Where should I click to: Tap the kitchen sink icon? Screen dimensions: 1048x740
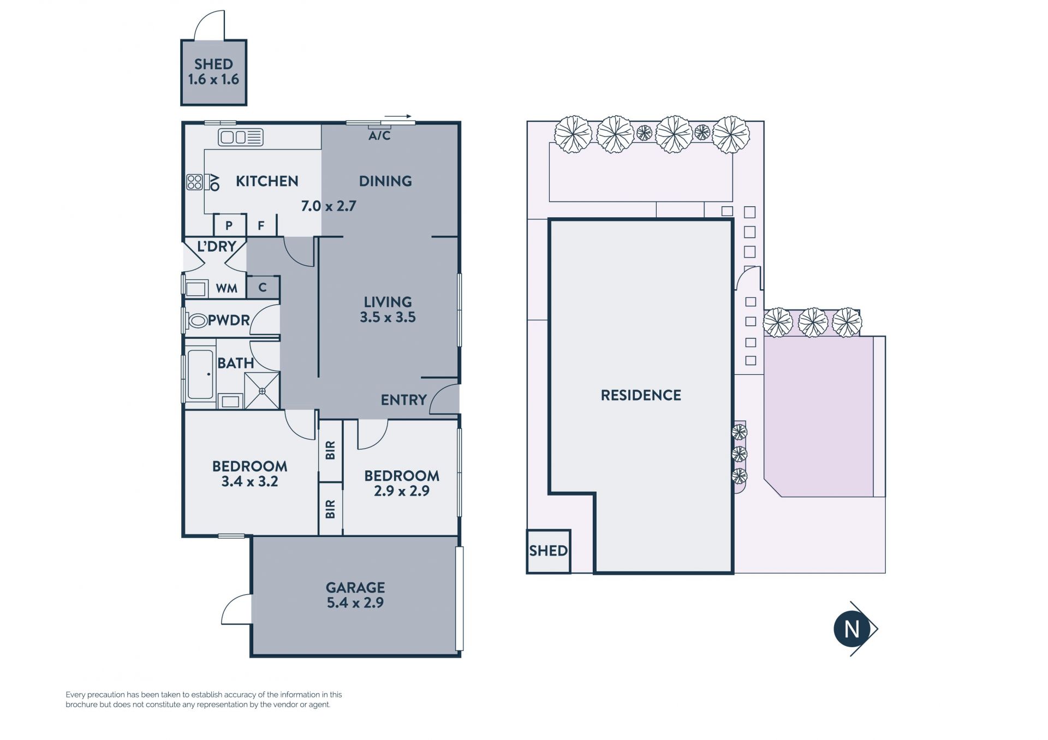(241, 137)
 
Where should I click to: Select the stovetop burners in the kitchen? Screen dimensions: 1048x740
(195, 182)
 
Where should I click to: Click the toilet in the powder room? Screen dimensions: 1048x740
(197, 320)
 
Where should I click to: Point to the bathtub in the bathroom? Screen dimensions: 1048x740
(200, 374)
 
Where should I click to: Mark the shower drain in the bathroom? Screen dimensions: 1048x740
(262, 391)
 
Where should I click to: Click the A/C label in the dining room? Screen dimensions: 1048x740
(379, 135)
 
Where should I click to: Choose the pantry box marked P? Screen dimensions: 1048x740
(229, 225)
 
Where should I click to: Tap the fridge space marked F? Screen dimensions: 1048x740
(261, 225)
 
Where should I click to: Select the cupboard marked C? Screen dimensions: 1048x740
(263, 287)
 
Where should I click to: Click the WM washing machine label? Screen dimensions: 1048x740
(227, 288)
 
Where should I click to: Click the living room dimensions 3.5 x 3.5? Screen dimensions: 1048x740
(388, 317)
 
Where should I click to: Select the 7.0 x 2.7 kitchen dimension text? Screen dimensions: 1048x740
(329, 206)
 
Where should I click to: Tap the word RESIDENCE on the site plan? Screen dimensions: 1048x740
(641, 395)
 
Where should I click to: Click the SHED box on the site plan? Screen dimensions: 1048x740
(549, 551)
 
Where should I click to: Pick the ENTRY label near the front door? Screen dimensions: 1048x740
(403, 400)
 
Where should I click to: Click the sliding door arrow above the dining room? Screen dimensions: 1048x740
(397, 116)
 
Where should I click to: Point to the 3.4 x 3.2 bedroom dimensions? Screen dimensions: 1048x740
(249, 481)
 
